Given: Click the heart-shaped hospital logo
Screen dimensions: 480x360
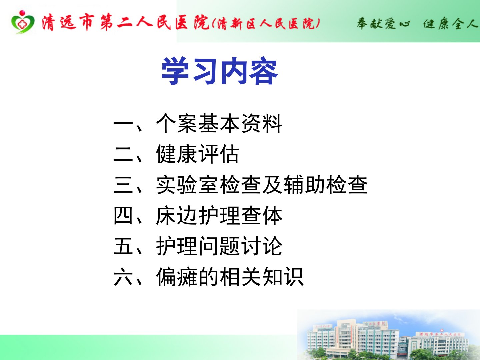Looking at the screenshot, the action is click(x=23, y=22).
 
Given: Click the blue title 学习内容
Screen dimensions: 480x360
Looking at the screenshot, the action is click(x=220, y=71).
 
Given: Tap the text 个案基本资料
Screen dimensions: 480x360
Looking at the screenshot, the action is click(x=219, y=123).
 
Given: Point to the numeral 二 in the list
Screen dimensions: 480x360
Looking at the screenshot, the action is click(x=123, y=154).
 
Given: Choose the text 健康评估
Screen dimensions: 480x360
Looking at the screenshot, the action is click(x=198, y=154).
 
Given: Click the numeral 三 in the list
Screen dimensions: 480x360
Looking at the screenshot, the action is click(x=123, y=184).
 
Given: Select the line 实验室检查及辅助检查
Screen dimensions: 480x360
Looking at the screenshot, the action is click(x=262, y=184).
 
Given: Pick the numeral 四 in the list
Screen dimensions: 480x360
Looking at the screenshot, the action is click(x=123, y=215).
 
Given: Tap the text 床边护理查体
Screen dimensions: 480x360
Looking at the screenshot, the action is click(x=219, y=215).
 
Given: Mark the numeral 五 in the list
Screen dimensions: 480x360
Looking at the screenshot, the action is click(x=123, y=246).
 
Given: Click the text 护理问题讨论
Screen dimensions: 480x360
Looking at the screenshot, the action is click(x=219, y=246).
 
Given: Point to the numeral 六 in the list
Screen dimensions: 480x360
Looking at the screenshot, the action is click(x=123, y=277).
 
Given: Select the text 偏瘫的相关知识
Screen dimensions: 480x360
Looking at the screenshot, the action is click(x=230, y=277).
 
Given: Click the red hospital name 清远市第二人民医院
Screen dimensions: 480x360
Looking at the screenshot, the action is click(x=126, y=23).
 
